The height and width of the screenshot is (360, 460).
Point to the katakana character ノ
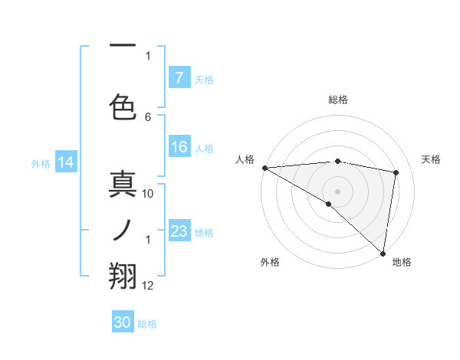click(x=123, y=231)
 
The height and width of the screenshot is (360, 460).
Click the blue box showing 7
click(x=179, y=77)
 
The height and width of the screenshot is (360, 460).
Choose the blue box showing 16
click(x=179, y=147)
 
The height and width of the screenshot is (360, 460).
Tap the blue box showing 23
click(x=179, y=231)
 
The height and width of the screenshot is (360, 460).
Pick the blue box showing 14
click(x=65, y=162)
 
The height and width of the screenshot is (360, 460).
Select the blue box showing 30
click(x=123, y=322)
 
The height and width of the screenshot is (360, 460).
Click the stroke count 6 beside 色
click(x=148, y=116)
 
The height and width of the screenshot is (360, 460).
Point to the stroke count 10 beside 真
click(x=149, y=193)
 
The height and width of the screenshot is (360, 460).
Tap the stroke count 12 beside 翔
click(x=149, y=285)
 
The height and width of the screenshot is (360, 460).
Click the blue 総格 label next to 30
click(x=147, y=323)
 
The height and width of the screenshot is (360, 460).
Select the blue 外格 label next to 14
click(x=41, y=163)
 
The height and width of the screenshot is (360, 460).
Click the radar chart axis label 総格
click(x=337, y=100)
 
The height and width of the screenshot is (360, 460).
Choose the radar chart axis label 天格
click(x=432, y=159)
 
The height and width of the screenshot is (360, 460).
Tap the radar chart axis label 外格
click(x=270, y=262)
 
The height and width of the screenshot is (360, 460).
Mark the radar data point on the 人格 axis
click(x=264, y=168)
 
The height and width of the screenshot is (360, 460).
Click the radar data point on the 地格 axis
click(x=383, y=252)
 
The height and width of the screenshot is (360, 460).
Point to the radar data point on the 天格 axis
click(x=396, y=172)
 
